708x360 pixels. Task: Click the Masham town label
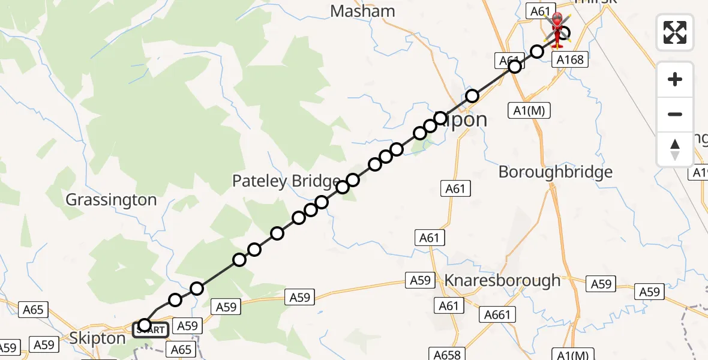click(x=363, y=11)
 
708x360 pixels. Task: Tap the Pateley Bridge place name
click(x=286, y=181)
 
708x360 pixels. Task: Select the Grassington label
click(x=111, y=200)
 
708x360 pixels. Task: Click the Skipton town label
click(x=97, y=338)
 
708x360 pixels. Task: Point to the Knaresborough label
click(x=502, y=280)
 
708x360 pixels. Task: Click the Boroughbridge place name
click(x=556, y=172)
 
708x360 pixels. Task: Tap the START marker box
click(x=151, y=330)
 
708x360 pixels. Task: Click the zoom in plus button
click(x=675, y=79)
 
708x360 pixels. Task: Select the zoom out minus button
click(x=675, y=114)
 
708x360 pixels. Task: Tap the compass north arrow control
click(x=675, y=149)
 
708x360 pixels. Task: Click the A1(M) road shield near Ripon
click(x=529, y=110)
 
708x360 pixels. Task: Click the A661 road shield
click(x=497, y=314)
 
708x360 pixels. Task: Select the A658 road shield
click(x=446, y=355)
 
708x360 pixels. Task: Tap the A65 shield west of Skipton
click(x=33, y=310)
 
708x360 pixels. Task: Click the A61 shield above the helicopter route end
click(x=538, y=10)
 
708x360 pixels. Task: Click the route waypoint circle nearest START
click(x=144, y=325)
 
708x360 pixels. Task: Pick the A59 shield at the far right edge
click(x=649, y=292)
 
